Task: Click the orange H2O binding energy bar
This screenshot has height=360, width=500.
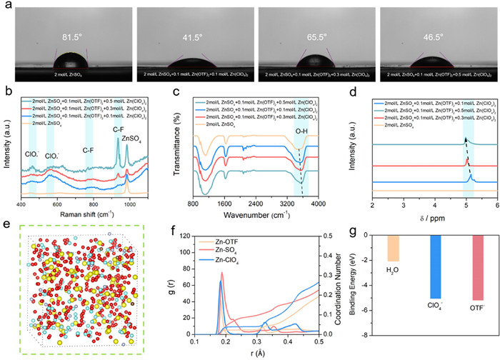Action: coord(392,251)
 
